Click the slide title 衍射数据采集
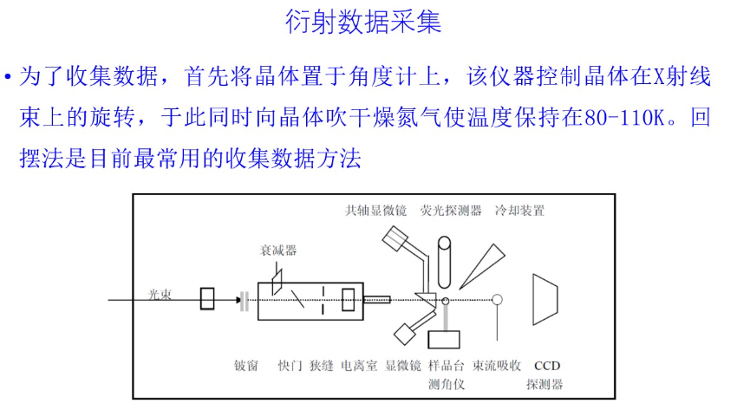[363, 22]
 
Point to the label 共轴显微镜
[375, 210]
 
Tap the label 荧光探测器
[451, 210]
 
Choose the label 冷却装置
[519, 210]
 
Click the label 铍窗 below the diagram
[246, 365]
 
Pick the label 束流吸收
[497, 365]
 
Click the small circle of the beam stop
[497, 300]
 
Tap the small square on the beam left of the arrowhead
[209, 300]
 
